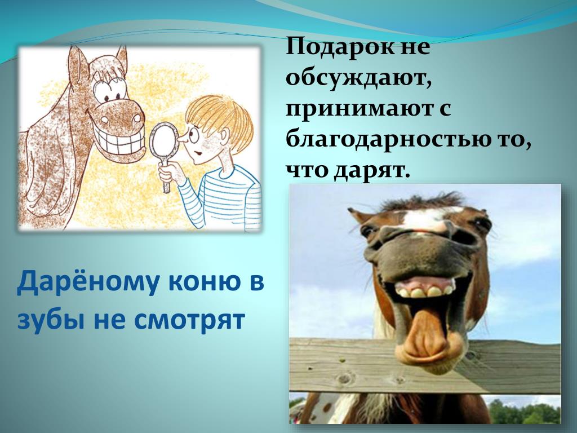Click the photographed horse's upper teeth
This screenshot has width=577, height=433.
(x=424, y=291)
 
